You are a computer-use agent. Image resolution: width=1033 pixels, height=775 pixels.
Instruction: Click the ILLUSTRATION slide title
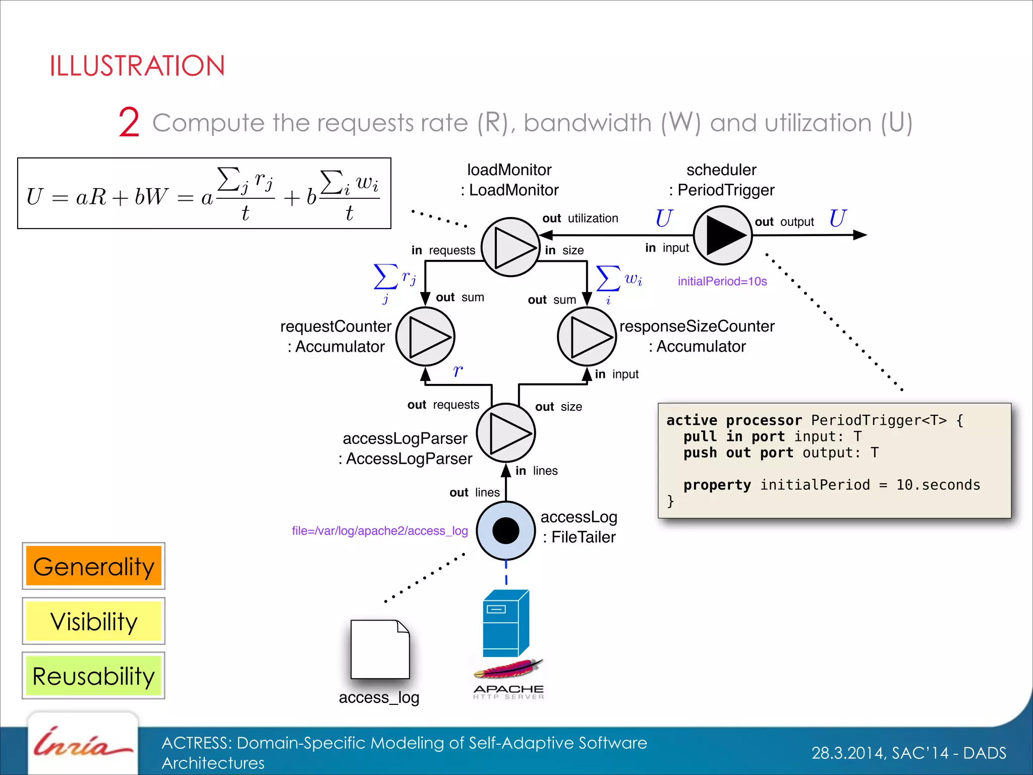tap(137, 66)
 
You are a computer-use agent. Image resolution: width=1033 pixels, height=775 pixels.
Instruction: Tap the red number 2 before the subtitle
tap(129, 123)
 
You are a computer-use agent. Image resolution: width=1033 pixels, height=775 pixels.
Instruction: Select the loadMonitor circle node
tap(510, 247)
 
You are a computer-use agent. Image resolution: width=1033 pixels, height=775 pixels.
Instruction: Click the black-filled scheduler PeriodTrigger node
tap(723, 235)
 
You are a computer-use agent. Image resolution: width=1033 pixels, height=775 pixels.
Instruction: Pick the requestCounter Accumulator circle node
tap(425, 337)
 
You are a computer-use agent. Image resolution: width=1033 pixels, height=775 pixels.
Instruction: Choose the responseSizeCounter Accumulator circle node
tap(587, 337)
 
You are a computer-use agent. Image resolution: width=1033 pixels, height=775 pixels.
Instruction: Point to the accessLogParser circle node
tap(506, 433)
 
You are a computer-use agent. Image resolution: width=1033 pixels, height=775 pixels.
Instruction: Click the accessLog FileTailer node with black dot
tap(506, 530)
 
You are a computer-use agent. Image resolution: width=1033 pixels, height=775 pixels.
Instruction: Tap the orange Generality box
tap(94, 566)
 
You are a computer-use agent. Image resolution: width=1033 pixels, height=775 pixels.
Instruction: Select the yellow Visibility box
tap(94, 621)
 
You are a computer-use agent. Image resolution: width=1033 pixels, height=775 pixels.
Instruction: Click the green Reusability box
tap(94, 676)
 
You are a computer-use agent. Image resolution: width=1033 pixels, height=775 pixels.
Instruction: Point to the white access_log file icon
tap(380, 649)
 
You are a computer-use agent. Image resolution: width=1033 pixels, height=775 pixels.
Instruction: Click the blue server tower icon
tap(505, 624)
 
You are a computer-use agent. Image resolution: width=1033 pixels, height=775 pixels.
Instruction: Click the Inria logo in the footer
tap(83, 745)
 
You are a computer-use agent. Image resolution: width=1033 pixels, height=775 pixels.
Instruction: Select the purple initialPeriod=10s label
tap(722, 282)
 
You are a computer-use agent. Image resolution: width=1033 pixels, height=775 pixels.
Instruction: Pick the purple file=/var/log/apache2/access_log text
tap(380, 531)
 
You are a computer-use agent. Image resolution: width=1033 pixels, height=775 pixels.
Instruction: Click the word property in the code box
tap(717, 485)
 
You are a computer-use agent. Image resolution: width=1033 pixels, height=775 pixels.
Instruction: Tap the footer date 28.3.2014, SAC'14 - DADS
tap(908, 753)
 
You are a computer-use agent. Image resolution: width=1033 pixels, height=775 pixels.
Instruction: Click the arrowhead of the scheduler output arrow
tap(860, 235)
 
